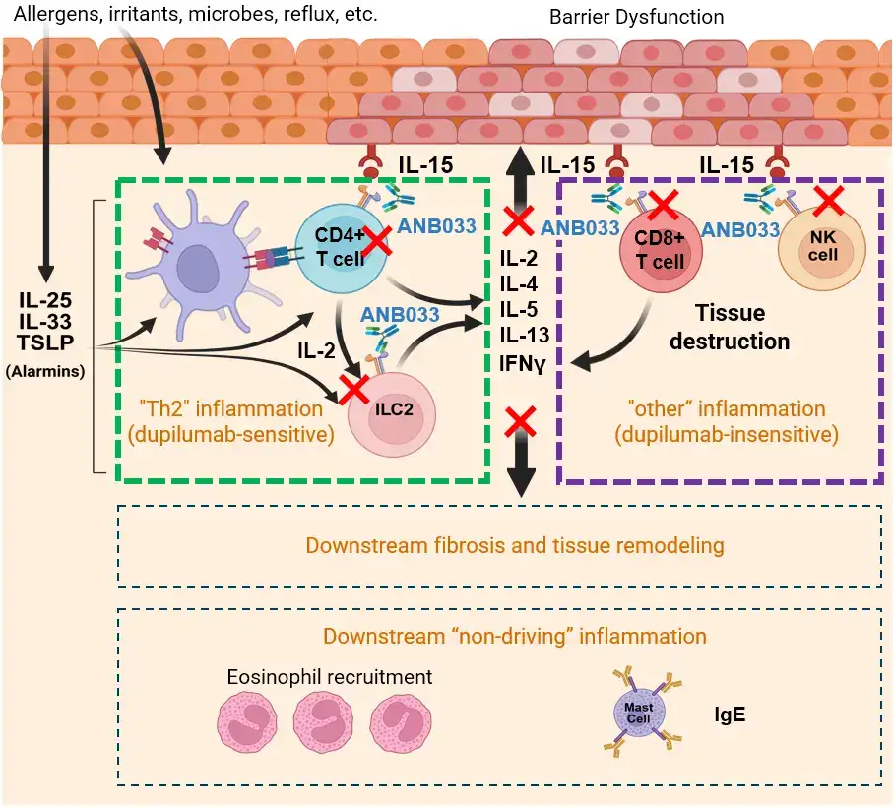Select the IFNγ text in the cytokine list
coord(522,360)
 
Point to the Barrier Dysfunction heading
coord(650,17)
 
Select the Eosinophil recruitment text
coord(330,677)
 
